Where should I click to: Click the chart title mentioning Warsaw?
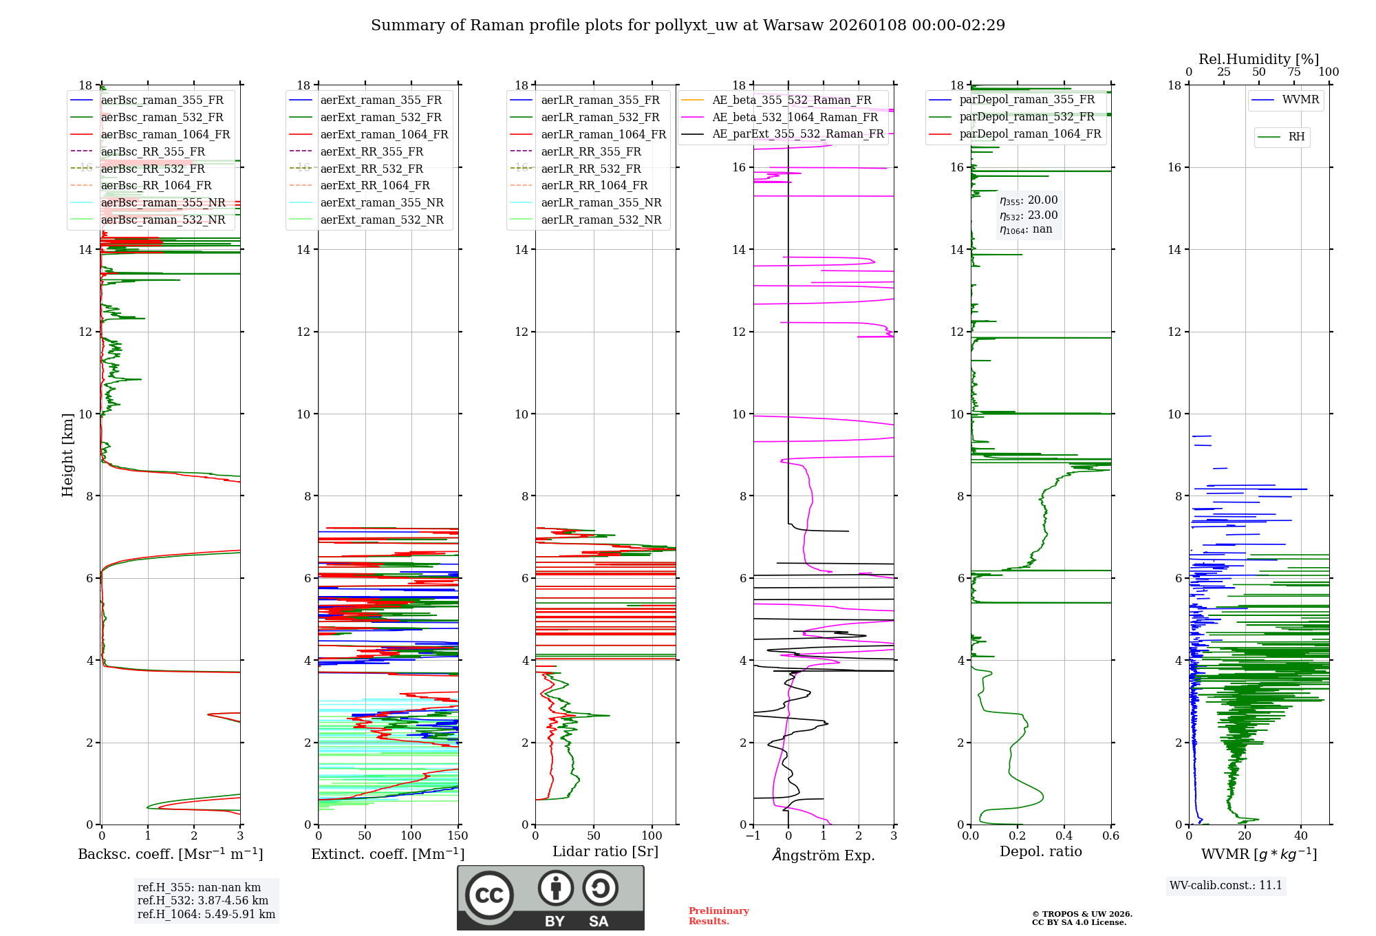[687, 25]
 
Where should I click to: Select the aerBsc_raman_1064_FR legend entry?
[165, 134]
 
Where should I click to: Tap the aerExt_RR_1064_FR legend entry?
[374, 185]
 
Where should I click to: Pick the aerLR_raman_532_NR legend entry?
[601, 220]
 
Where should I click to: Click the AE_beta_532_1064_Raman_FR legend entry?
[795, 117]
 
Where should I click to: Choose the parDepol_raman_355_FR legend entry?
[1026, 99]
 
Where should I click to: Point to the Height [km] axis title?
[67, 454]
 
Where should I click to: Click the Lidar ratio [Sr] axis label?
[605, 851]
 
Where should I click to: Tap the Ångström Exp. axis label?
[823, 855]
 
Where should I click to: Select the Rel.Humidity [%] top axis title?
[1258, 59]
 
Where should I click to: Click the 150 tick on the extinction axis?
[458, 836]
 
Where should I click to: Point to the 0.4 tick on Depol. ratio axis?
[1064, 836]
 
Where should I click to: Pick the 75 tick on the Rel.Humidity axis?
[1293, 72]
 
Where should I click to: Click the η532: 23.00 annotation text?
[1029, 215]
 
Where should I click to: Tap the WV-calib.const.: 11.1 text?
[1226, 885]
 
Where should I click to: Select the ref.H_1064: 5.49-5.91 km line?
[206, 914]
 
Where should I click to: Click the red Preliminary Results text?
[718, 915]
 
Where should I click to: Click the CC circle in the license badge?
[489, 895]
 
